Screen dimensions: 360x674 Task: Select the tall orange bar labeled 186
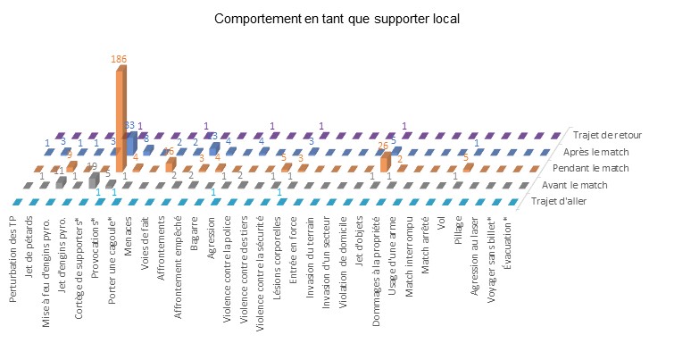[119, 116]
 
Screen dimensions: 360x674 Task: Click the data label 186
[119, 58]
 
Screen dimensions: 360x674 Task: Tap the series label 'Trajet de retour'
[607, 134]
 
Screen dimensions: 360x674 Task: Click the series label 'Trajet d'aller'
[565, 200]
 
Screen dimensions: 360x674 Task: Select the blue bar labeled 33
[130, 142]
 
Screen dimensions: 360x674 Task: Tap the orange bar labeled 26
[384, 162]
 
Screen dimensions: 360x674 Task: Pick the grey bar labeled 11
[60, 182]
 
